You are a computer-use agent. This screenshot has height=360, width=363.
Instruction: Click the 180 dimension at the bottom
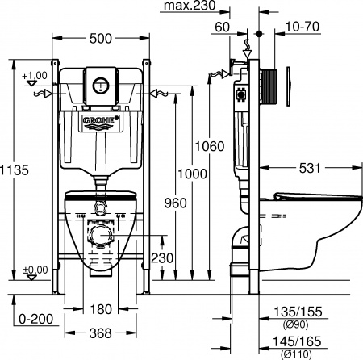[101, 309]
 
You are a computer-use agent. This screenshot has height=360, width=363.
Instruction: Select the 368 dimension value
[101, 332]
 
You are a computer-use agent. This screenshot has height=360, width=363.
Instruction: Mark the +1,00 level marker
[35, 76]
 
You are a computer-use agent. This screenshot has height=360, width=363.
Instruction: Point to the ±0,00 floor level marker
[33, 270]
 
